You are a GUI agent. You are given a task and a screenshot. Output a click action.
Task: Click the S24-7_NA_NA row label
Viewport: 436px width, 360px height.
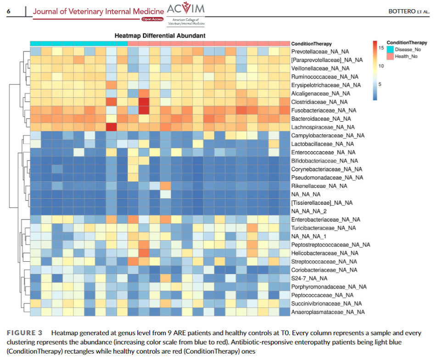pyautogui.click(x=309, y=278)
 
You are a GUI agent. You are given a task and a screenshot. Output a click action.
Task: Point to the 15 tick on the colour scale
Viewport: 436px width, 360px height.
pyautogui.click(x=381, y=47)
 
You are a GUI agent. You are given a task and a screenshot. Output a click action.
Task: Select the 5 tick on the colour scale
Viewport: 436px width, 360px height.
pyautogui.click(x=381, y=84)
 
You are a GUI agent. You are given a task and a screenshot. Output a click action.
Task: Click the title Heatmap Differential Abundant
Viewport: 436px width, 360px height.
pyautogui.click(x=160, y=35)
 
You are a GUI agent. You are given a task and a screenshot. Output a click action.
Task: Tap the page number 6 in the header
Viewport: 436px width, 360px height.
pyautogui.click(x=9, y=11)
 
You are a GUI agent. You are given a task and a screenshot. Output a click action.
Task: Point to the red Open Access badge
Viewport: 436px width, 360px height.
pyautogui.click(x=154, y=19)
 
